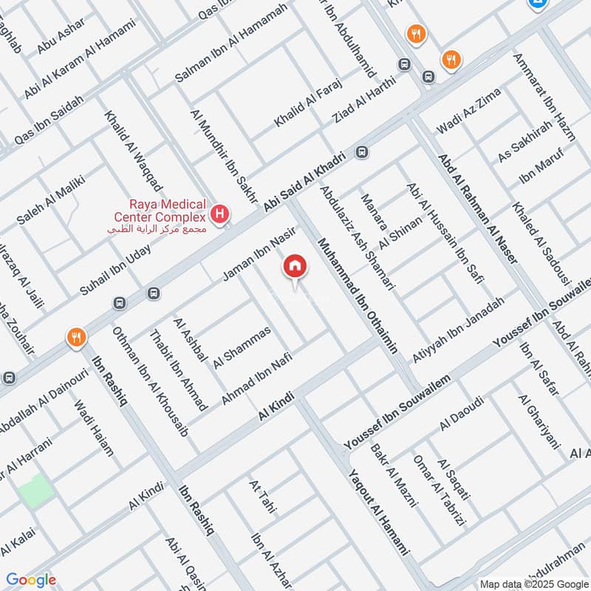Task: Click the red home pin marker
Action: pos(295,267)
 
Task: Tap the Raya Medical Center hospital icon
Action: pos(219,215)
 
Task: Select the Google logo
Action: pos(30,580)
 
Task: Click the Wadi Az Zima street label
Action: pos(468,112)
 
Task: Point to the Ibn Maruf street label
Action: pos(541,168)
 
